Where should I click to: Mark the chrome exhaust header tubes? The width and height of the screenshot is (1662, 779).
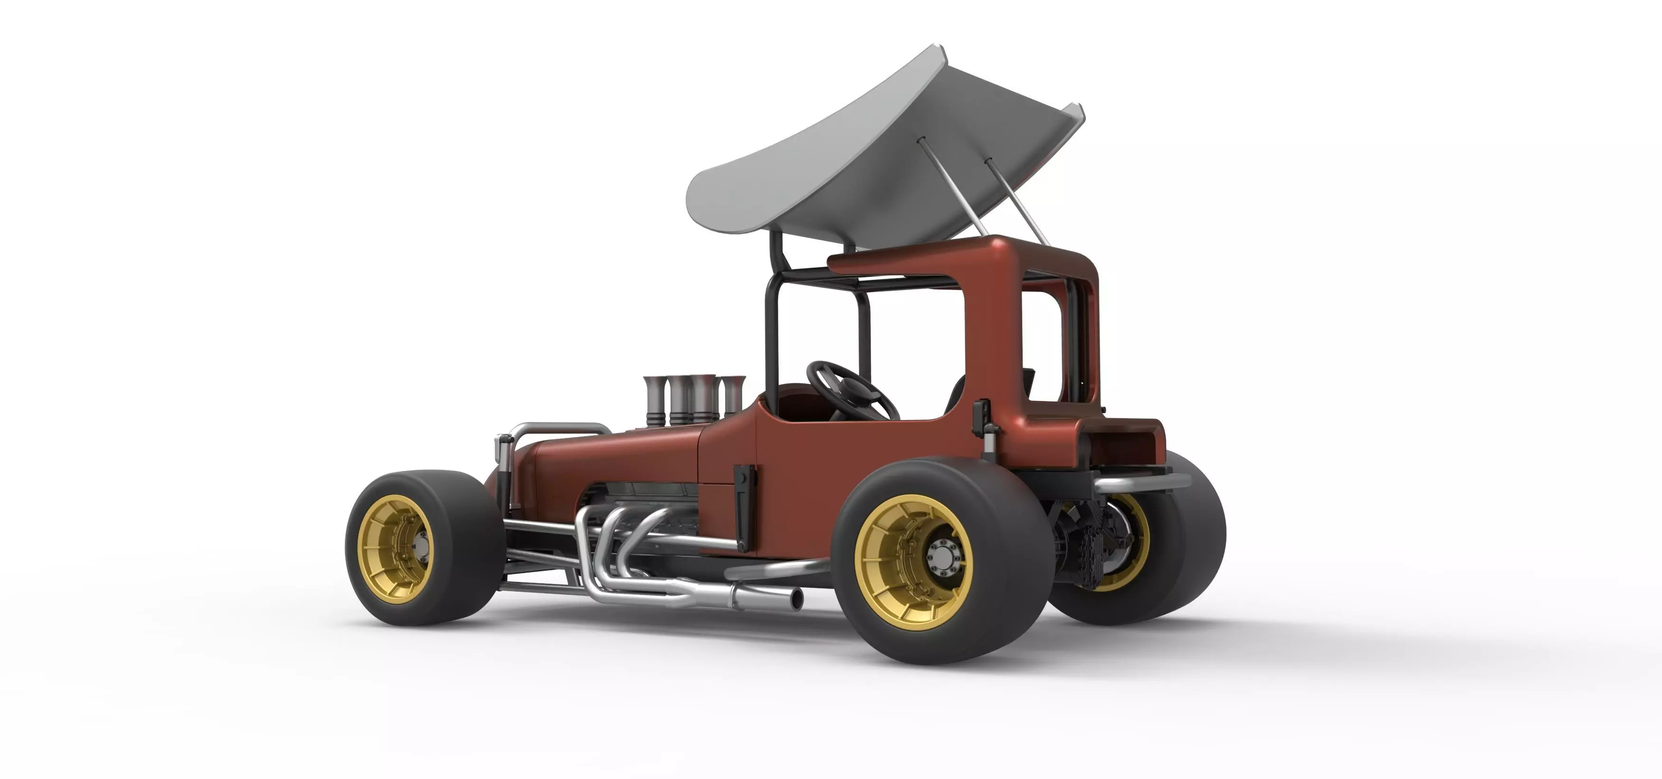tap(620, 549)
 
